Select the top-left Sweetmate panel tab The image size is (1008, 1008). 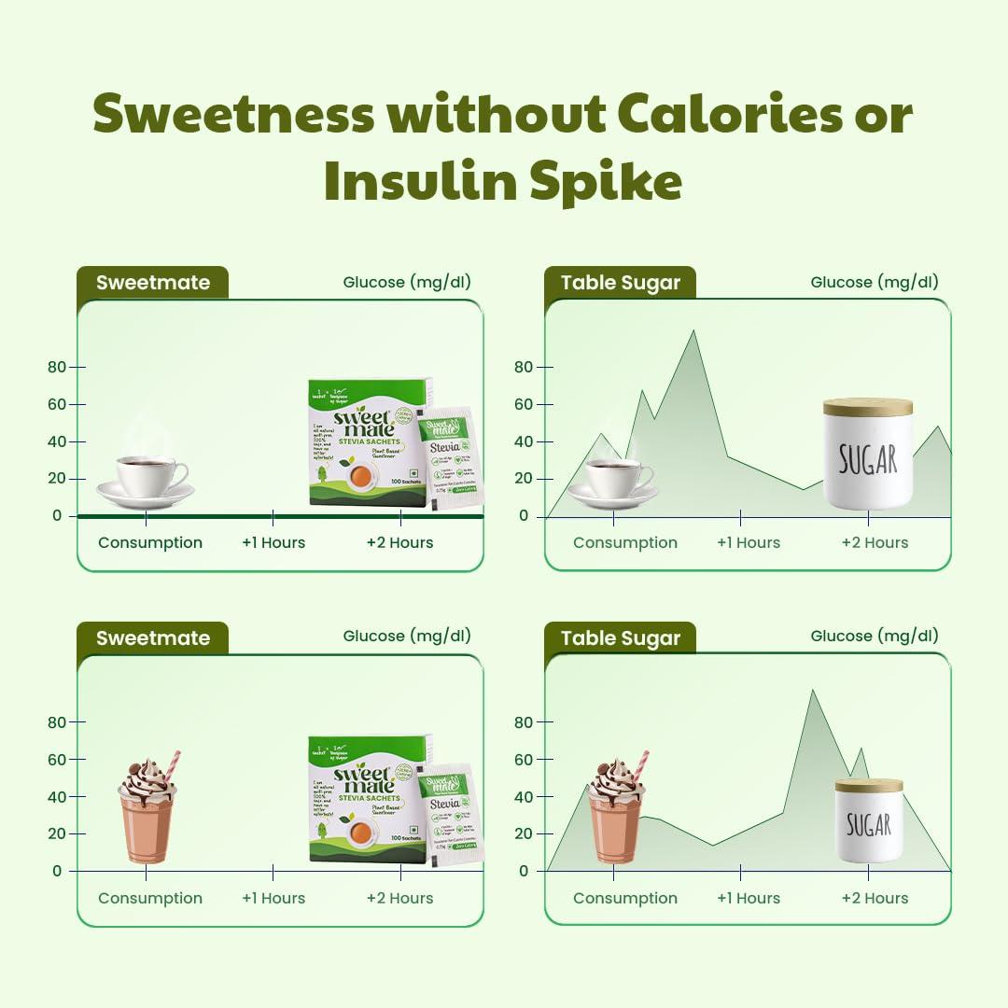(x=153, y=283)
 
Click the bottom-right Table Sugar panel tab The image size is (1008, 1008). (x=621, y=638)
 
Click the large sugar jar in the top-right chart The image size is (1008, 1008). (x=868, y=455)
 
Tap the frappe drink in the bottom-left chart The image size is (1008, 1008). (x=147, y=812)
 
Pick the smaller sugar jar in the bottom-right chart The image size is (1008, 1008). (x=868, y=820)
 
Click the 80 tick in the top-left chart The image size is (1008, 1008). (x=58, y=367)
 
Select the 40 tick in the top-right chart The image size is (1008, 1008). (x=523, y=441)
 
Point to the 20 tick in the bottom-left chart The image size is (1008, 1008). (x=58, y=833)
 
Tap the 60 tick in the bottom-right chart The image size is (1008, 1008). (x=523, y=760)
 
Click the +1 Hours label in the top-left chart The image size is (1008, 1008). (x=273, y=542)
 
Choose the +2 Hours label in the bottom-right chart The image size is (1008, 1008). (x=875, y=898)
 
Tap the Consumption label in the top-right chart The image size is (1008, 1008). (x=625, y=542)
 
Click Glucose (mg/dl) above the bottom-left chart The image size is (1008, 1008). (x=407, y=636)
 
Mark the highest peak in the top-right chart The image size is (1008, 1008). (x=693, y=331)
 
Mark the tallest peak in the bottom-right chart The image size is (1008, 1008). (x=812, y=692)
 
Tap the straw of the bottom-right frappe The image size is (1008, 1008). (x=641, y=764)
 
